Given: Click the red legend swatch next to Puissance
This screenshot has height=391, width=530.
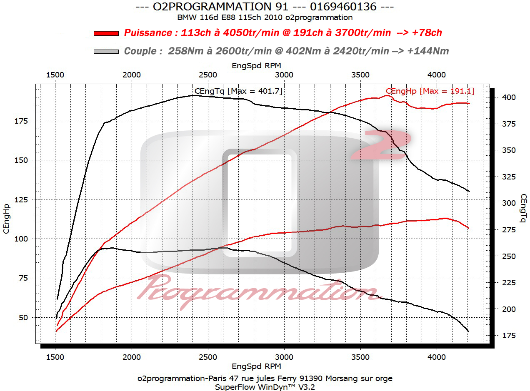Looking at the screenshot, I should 107,33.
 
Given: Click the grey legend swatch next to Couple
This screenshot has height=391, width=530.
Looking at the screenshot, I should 107,51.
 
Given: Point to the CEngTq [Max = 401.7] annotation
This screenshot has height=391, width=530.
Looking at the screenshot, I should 238,91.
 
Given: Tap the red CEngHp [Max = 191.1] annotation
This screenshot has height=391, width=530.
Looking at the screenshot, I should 430,91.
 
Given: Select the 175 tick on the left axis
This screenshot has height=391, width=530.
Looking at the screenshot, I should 21,121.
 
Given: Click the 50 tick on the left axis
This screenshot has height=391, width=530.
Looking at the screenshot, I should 23,317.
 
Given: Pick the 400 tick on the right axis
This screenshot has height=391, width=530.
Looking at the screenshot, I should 508,97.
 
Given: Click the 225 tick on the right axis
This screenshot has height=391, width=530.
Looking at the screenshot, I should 508,283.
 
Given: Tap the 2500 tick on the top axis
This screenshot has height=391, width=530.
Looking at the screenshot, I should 207,75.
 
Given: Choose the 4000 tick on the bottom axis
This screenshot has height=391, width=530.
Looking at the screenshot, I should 437,357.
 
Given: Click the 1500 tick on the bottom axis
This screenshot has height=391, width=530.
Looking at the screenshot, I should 55,357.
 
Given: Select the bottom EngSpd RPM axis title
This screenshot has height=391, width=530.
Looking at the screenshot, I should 256,366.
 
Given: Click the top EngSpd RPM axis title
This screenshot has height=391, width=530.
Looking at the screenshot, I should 256,65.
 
